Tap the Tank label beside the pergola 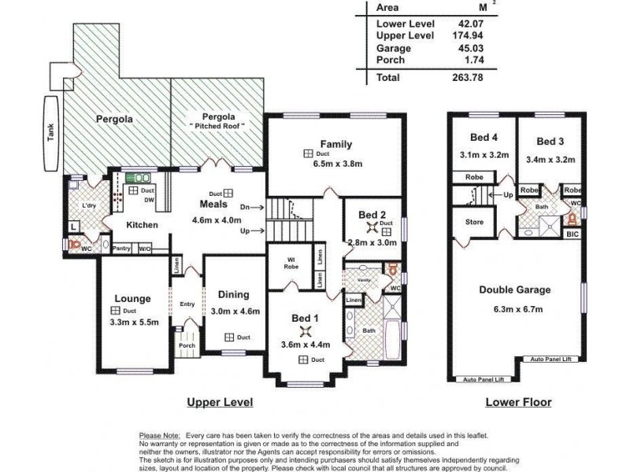pos(50,134)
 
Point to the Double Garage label pos(514,289)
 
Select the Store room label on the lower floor pos(474,223)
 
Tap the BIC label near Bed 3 pos(573,234)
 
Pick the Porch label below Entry pos(187,345)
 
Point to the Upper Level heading pos(219,402)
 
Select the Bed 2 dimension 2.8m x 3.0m pos(372,243)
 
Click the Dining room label pos(234,295)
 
